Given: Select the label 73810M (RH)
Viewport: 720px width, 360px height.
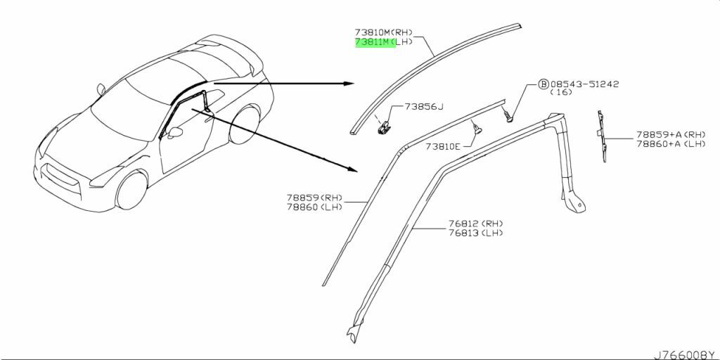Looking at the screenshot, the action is [383, 32].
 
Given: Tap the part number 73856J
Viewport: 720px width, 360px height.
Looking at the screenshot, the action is [424, 107].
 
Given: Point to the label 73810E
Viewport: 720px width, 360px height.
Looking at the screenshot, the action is [443, 147].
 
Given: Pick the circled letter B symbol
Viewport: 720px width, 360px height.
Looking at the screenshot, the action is [544, 84].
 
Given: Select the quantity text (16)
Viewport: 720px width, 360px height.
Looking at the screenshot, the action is [560, 93].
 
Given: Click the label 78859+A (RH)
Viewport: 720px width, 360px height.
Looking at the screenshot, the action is [671, 134].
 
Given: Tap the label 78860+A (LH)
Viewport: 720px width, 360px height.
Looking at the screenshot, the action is [671, 143].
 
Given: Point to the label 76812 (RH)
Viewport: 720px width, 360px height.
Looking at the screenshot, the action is [477, 224].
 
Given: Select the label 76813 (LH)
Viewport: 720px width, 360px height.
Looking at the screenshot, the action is [477, 233].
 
